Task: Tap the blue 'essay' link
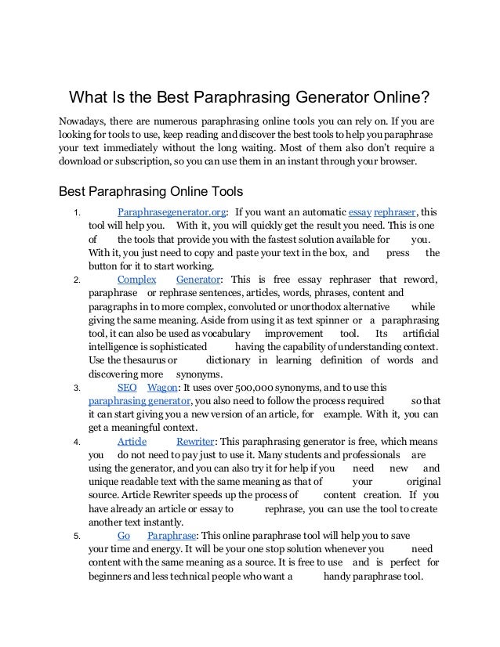[360, 211]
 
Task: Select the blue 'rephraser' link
[396, 211]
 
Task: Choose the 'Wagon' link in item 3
[162, 387]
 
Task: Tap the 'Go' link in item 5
[123, 536]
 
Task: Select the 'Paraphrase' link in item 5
[172, 536]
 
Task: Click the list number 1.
[75, 212]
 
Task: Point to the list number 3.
[75, 388]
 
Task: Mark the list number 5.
[75, 537]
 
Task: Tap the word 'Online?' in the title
[399, 99]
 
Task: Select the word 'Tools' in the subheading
[223, 190]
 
